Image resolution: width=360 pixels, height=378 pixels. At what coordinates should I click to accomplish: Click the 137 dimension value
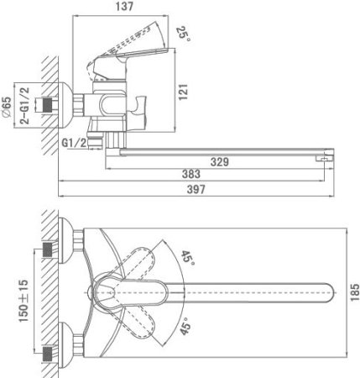[124, 6]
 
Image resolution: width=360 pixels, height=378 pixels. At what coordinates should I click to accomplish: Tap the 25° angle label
[183, 34]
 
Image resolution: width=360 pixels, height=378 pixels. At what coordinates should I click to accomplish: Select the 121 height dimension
[183, 92]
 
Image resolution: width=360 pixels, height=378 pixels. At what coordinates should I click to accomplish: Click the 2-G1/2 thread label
[24, 106]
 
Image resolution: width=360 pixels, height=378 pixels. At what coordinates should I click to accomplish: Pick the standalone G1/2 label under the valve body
[74, 144]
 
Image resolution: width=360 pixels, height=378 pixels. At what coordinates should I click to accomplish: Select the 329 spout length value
[220, 162]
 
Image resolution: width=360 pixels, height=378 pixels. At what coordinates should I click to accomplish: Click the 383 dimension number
[191, 174]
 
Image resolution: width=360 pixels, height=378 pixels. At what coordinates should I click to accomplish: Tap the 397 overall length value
[196, 190]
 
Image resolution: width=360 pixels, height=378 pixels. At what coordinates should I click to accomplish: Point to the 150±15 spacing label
[23, 301]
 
